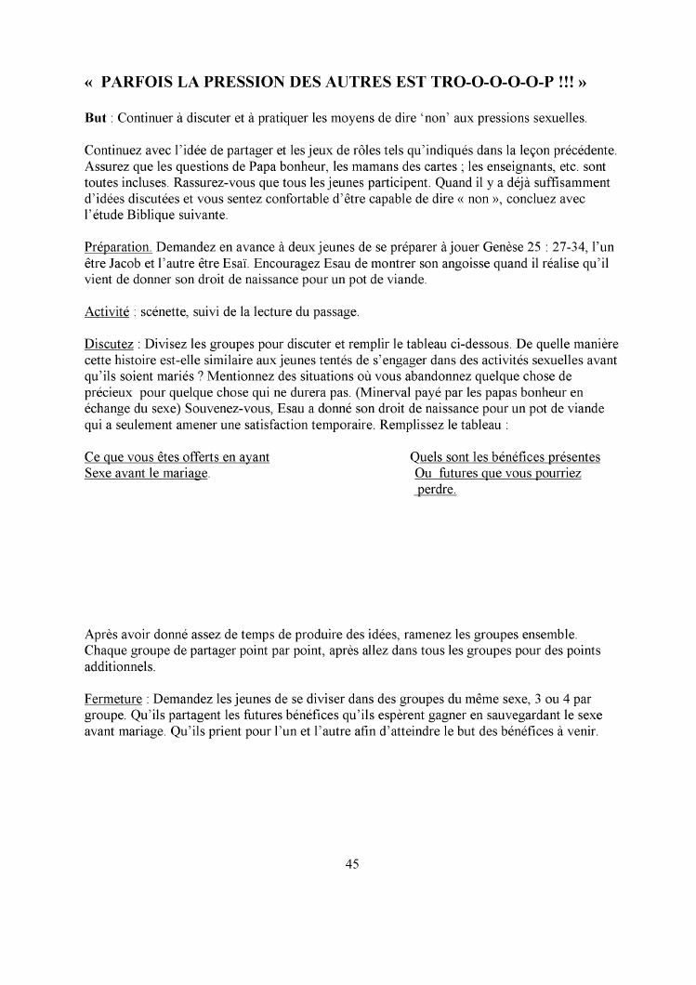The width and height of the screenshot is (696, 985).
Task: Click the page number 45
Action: tap(352, 863)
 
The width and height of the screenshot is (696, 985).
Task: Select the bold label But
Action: tap(96, 120)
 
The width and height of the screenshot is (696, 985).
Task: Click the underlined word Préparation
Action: tap(118, 248)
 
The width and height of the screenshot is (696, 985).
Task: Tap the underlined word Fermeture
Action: tap(113, 698)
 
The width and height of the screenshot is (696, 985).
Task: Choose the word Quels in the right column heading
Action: tap(427, 457)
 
